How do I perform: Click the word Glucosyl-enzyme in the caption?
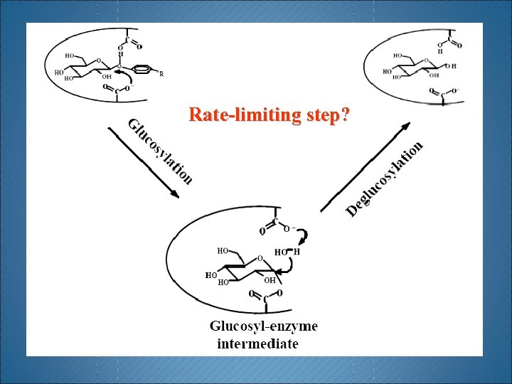263,326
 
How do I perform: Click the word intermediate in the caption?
257,344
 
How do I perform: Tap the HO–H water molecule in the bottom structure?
287,252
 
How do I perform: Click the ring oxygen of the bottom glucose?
260,257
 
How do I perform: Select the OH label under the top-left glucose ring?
106,77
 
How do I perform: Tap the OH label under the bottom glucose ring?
270,280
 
